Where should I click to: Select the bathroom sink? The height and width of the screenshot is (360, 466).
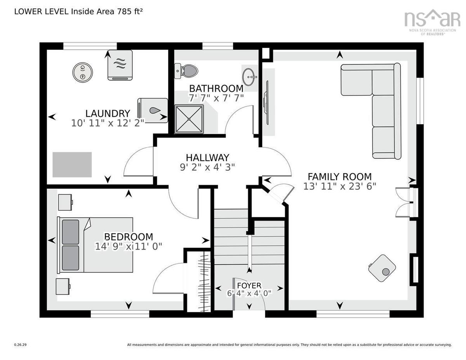point(250,74)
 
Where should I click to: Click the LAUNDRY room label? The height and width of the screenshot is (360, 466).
point(108,113)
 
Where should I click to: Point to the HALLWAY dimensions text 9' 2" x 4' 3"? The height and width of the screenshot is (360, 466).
point(208,167)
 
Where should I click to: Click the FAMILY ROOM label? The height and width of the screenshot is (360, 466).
point(340,177)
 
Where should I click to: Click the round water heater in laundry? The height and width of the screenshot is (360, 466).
point(82,72)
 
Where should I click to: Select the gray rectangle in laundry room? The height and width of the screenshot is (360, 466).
point(72,165)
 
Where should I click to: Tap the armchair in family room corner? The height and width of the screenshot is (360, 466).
point(382,268)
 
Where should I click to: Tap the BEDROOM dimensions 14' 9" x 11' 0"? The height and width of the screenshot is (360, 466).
point(128,246)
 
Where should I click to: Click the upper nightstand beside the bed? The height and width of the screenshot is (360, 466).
point(65,202)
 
